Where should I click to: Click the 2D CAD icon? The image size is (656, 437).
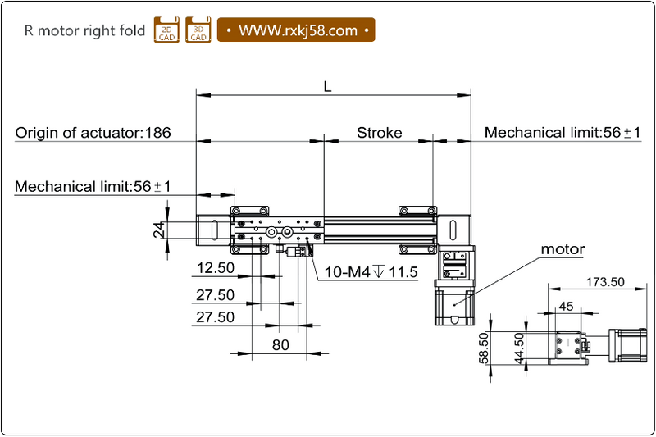pos(166,30)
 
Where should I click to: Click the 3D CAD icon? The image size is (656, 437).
pos(198,30)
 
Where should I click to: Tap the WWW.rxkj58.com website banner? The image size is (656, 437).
pos(296,30)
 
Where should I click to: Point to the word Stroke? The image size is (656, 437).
pos(379,133)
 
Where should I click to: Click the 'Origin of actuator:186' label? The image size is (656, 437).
pos(93,133)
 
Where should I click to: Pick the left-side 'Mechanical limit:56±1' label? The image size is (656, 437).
pos(93,187)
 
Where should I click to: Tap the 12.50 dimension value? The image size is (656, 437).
pos(216,268)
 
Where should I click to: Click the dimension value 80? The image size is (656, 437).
pos(280,345)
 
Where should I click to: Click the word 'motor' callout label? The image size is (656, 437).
pos(563,249)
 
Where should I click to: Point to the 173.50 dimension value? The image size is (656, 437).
pos(606,281)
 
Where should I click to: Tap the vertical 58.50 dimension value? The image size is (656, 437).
pos(485,348)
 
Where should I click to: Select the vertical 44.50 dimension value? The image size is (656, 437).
pos(518,348)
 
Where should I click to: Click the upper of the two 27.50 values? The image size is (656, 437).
pos(215,295)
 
